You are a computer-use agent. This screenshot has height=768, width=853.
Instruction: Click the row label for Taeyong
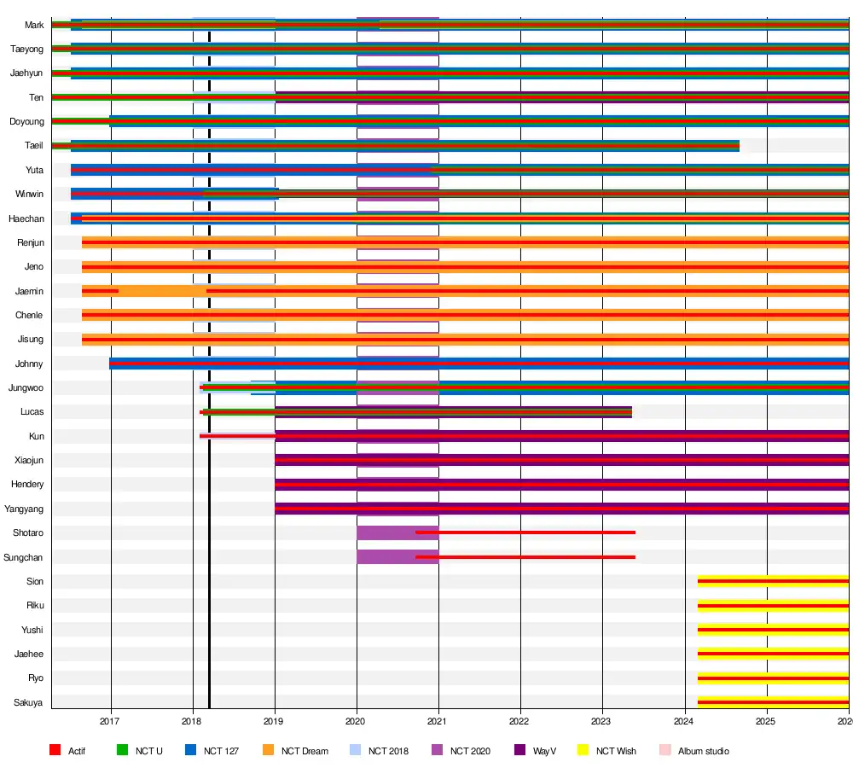pos(26,49)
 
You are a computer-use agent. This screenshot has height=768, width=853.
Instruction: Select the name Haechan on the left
pos(26,219)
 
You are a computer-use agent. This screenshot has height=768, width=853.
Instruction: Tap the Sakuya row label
pos(28,703)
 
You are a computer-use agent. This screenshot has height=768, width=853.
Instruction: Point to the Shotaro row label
pos(28,533)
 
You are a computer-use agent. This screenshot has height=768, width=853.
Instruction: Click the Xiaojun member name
pos(28,461)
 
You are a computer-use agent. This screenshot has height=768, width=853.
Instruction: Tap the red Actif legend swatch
pos(55,751)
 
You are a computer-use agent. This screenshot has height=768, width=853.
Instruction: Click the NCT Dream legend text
pos(305,752)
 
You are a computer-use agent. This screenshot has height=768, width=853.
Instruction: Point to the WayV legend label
pos(544,752)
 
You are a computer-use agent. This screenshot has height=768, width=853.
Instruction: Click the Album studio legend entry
pos(704,752)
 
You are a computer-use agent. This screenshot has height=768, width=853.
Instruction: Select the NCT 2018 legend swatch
pos(356,751)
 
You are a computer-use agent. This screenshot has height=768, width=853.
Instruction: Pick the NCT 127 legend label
pos(220,752)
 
